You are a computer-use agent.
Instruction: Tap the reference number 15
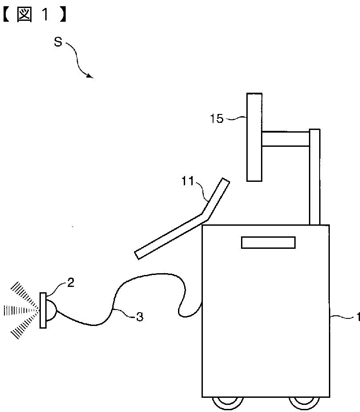coord(217,119)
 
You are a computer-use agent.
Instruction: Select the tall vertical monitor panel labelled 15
coord(254,137)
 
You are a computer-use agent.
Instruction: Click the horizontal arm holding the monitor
coord(285,138)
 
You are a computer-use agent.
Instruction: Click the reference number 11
coord(189,180)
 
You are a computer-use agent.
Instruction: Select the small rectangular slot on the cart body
coord(268,242)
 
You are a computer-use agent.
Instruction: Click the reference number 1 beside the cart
coord(356,317)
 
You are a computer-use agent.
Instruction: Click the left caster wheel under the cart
coord(227,402)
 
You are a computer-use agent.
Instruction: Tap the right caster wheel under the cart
coord(304,402)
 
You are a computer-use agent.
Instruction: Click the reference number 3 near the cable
coord(139,317)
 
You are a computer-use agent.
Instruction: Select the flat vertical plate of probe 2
coord(43,310)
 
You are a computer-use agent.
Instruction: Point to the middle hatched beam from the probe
coord(18,310)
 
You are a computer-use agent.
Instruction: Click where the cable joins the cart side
coord(202,303)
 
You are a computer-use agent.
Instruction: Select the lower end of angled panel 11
coord(138,255)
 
